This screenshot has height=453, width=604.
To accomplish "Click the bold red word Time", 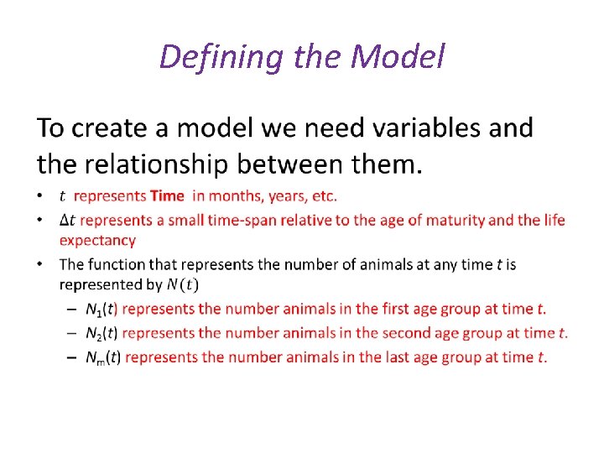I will coord(167,196).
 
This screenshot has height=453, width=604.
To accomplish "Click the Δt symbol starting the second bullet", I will coord(68,221).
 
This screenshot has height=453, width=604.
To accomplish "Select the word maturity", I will coord(451,221).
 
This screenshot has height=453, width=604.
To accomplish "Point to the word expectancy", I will coord(96,241).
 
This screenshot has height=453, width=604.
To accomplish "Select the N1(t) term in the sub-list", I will coord(102,309).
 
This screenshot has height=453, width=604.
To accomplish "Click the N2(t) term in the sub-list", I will coord(102,333).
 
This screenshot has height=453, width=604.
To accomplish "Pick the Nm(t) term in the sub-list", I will coord(103,357).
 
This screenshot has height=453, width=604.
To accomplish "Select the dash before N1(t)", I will coord(72,309).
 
